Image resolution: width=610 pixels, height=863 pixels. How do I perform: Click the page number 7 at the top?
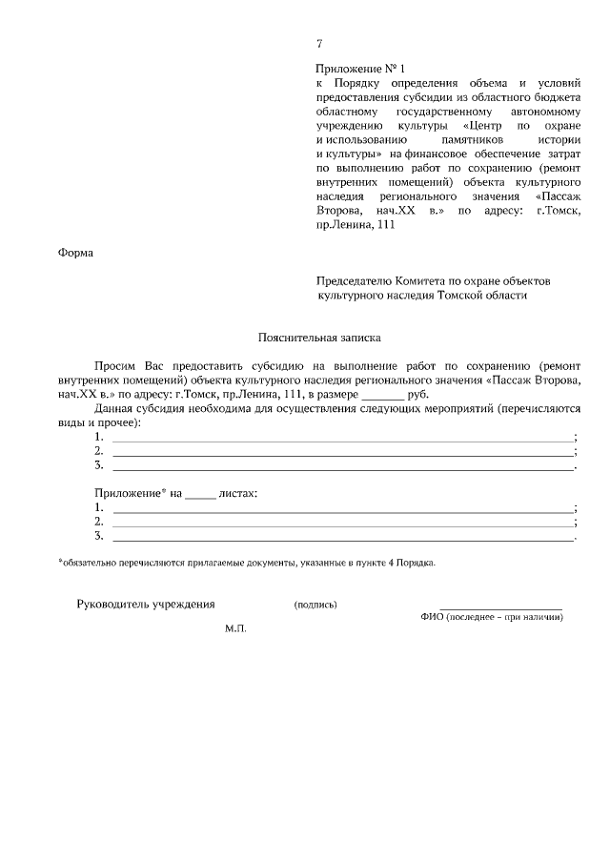coord(319,44)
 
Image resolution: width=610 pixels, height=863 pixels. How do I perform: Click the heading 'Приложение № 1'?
coord(360,70)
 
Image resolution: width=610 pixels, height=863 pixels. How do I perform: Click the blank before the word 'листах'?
coord(200,494)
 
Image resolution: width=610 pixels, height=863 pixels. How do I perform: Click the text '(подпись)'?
coord(315,605)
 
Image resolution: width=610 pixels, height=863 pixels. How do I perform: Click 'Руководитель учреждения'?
coord(146,604)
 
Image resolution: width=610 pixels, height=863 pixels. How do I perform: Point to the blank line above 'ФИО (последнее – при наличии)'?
coord(500,607)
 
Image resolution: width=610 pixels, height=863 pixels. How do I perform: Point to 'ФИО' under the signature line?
coord(431,617)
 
